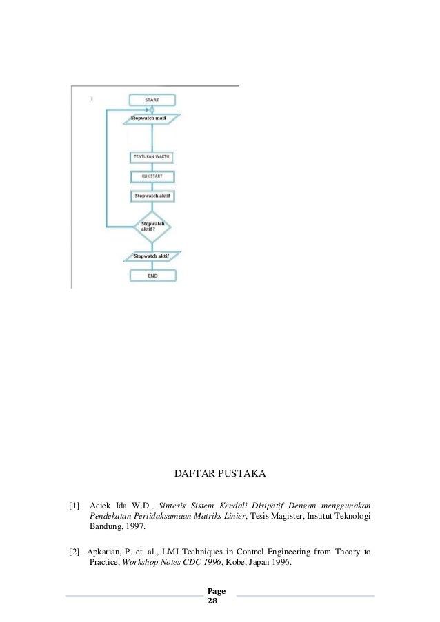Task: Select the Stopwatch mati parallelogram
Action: coord(151,118)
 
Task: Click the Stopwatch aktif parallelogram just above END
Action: coord(151,256)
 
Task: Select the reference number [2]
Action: coord(74,551)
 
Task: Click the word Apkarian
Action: coord(107,551)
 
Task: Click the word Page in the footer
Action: coord(217,591)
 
